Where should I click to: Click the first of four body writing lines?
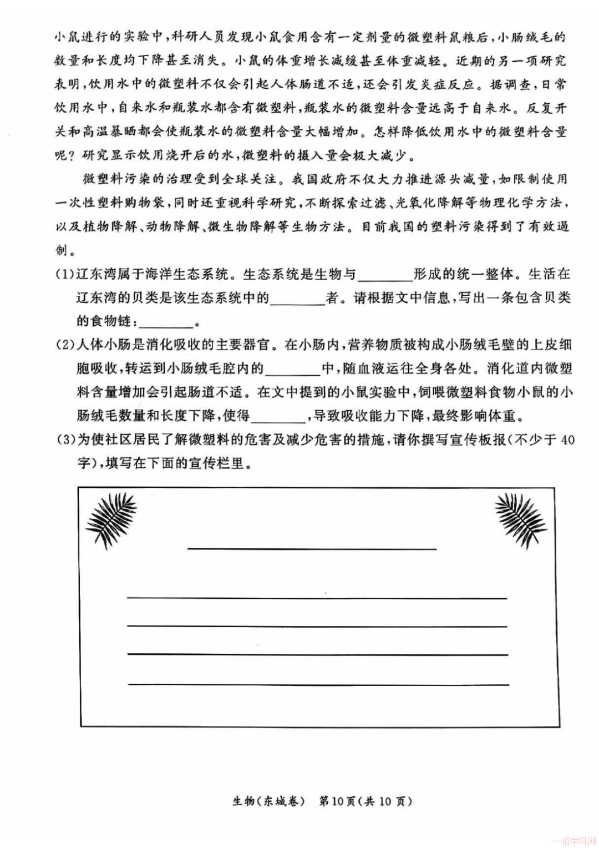coord(317,598)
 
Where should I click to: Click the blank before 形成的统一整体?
coord(385,276)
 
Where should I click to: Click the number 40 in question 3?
coord(567,440)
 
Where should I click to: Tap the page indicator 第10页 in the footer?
coord(337,801)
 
